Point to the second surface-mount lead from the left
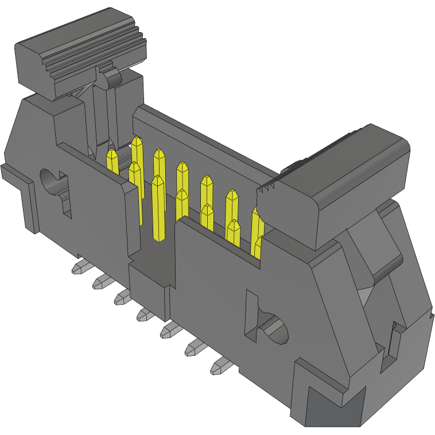click(x=102, y=281)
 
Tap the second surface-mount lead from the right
click(x=195, y=348)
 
